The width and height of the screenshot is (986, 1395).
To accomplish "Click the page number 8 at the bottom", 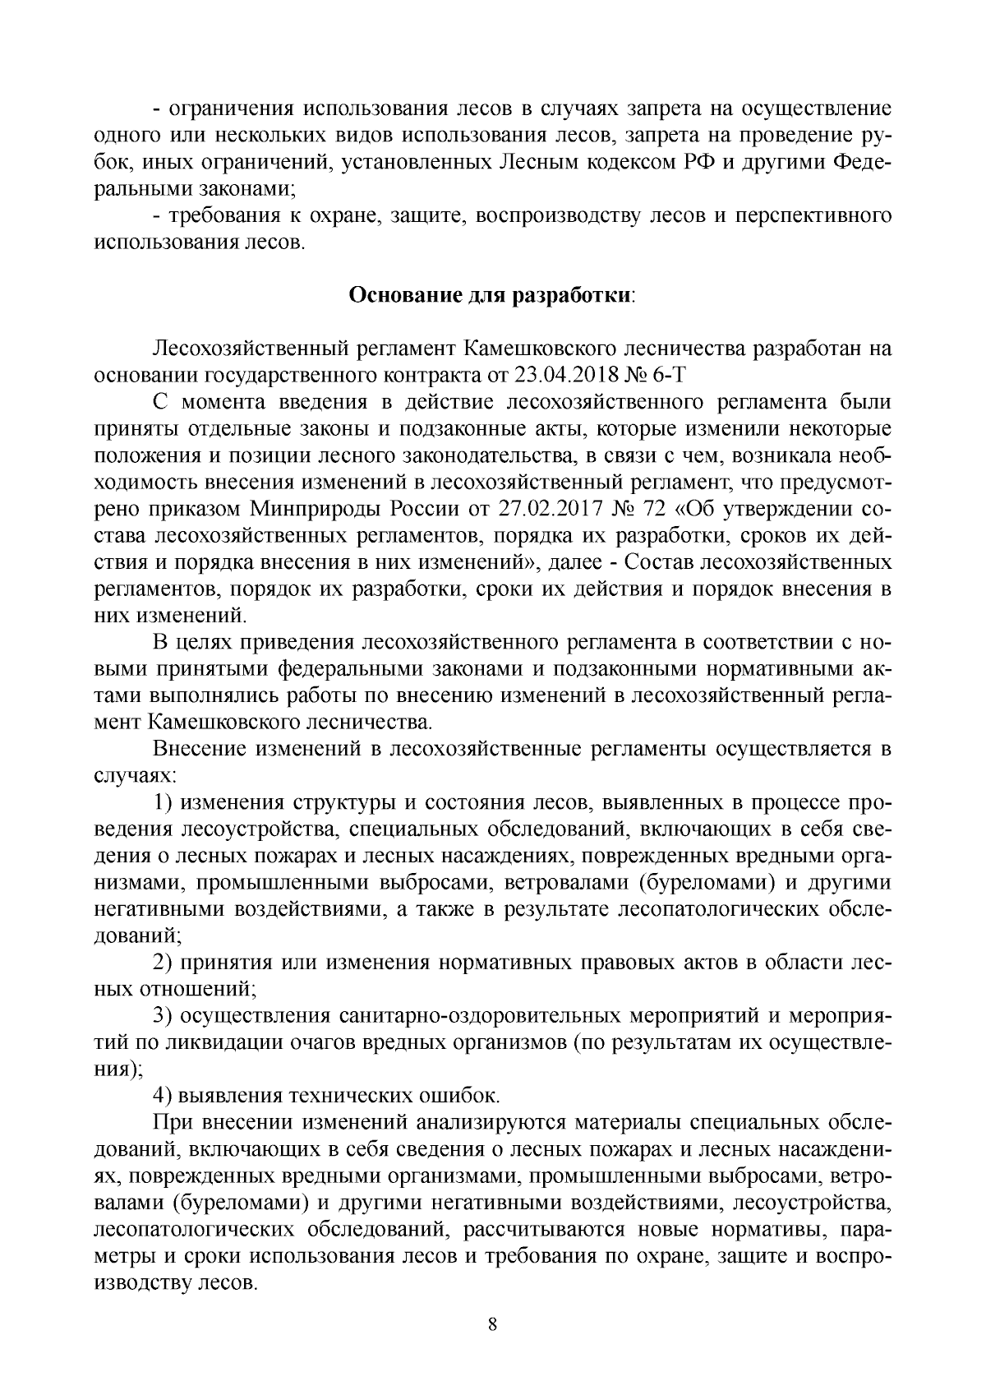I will coord(492,1324).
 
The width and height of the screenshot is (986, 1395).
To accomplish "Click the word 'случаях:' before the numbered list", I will coord(132,775).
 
